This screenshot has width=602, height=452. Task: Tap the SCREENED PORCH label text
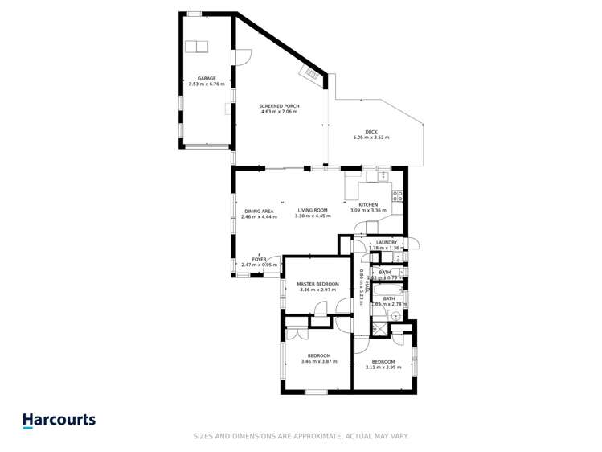(x=279, y=106)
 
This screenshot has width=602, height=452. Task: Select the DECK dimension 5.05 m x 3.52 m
(x=371, y=138)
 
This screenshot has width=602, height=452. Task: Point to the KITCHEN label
(x=368, y=205)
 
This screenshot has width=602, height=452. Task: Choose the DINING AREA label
(x=260, y=211)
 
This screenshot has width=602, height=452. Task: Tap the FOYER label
(x=259, y=259)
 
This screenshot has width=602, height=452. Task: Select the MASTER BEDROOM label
(x=317, y=284)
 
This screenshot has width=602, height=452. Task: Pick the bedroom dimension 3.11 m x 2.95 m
(x=383, y=367)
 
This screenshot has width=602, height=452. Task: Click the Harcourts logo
(x=59, y=420)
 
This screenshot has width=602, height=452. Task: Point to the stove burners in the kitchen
(x=397, y=195)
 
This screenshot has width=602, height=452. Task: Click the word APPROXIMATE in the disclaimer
(x=303, y=436)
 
